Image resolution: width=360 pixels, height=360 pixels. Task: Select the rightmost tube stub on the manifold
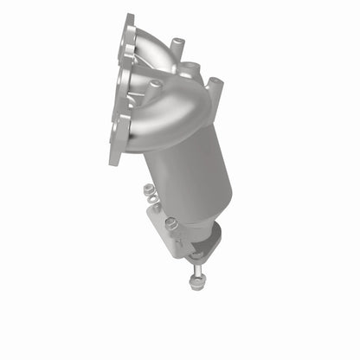215,86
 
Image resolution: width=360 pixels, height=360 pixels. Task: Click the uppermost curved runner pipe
156,43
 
